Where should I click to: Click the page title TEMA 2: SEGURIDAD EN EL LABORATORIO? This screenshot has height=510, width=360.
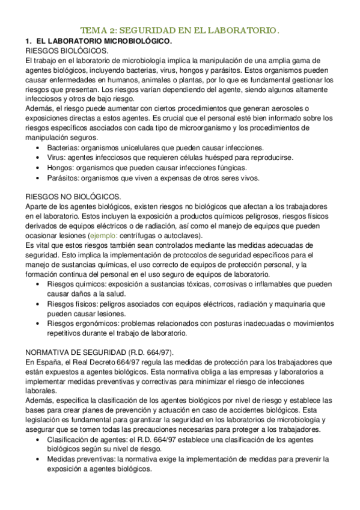[180, 30]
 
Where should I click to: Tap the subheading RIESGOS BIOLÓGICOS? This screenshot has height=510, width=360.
[58, 51]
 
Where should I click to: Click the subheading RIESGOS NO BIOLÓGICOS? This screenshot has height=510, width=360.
[64, 197]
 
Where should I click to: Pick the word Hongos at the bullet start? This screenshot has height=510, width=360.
[61, 168]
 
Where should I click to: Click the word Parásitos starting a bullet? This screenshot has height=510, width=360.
[63, 178]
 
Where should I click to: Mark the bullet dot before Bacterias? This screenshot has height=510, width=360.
[38, 149]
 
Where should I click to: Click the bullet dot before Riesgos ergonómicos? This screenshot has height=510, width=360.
[38, 324]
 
